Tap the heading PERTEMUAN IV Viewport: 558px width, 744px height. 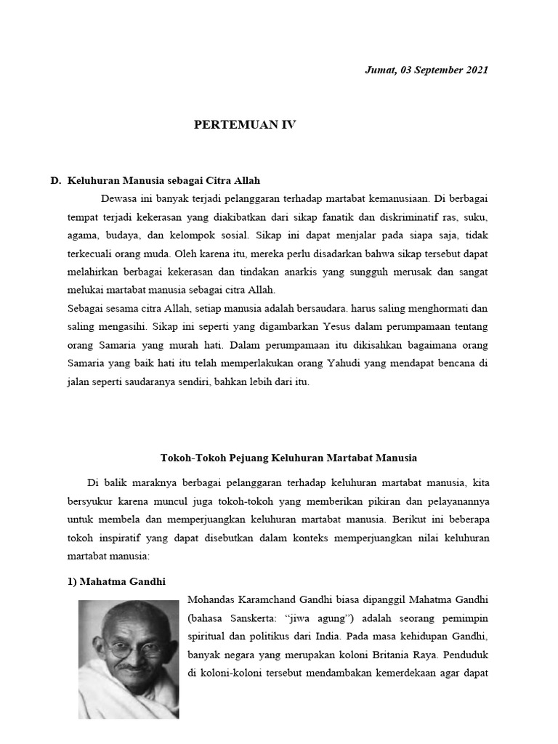click(245, 125)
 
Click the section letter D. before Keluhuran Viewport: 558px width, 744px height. click(55, 180)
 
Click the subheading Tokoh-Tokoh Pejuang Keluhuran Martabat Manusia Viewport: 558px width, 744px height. click(288, 458)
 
